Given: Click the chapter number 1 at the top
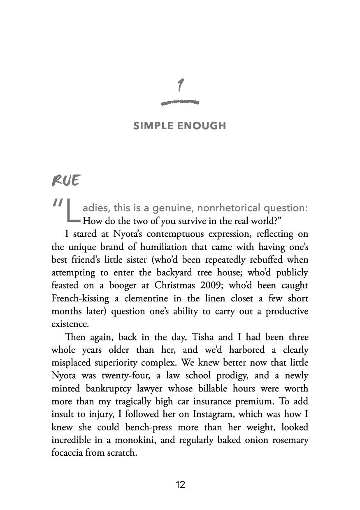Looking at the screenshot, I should pos(180,86).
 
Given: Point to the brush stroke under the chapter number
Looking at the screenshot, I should pos(180,102).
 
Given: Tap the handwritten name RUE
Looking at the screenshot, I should pos(66,180).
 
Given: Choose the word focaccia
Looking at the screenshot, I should pos(67,453).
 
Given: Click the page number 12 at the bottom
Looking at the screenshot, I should pos(180,484).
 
